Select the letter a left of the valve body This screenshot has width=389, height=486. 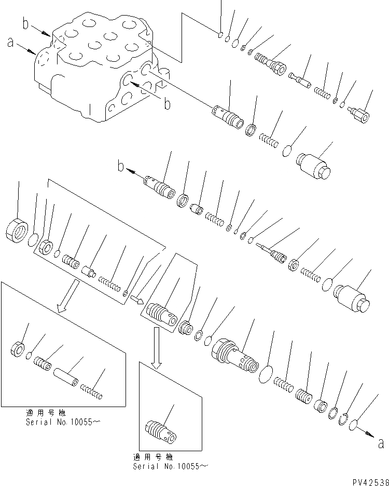[11, 44]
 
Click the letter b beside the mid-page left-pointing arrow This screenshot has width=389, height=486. [121, 168]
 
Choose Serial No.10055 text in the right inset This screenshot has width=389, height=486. [169, 466]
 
